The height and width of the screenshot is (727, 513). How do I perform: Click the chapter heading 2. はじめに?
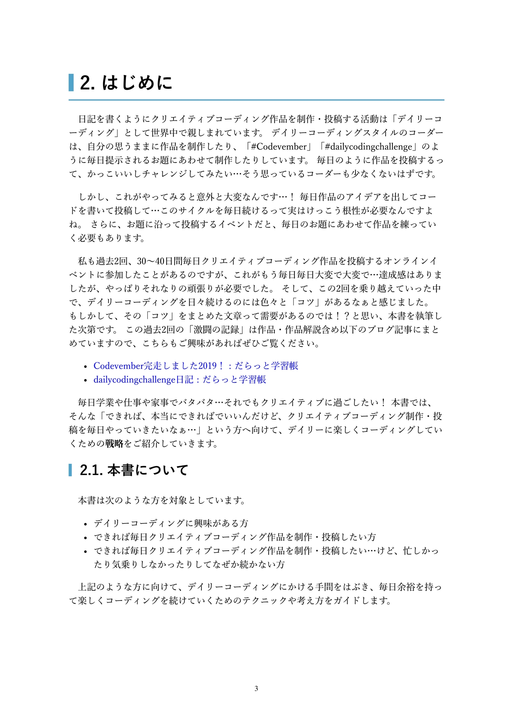click(126, 83)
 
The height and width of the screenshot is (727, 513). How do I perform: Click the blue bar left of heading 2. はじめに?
click(71, 83)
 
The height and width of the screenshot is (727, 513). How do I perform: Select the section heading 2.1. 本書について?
click(134, 470)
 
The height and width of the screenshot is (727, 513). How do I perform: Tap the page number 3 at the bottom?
click(256, 688)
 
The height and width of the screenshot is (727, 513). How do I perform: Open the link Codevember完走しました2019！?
click(196, 366)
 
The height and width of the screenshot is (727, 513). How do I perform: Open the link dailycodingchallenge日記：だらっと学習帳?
click(180, 379)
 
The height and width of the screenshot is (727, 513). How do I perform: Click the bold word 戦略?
click(114, 443)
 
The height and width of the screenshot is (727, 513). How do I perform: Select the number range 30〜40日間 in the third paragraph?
click(160, 261)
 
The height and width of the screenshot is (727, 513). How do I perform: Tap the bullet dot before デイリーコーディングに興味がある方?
click(86, 524)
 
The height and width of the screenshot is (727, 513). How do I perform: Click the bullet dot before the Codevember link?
click(86, 366)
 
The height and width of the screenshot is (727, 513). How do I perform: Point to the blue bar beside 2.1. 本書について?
click(70, 470)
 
